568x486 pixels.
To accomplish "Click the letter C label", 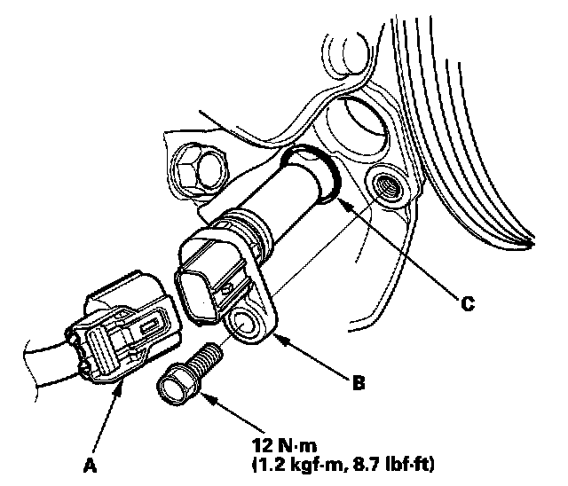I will (x=468, y=303).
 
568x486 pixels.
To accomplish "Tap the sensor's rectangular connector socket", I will (x=200, y=285).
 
